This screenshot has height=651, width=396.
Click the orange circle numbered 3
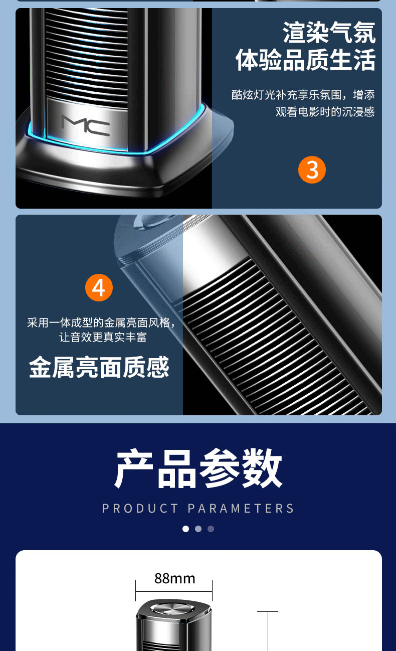coord(312,170)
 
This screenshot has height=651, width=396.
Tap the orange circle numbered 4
coord(99,288)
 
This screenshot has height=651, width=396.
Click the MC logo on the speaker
coord(86,125)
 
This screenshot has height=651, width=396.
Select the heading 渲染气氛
coord(329,33)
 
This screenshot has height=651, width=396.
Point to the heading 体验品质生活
coord(306,60)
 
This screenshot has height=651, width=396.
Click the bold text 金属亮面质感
coord(99,367)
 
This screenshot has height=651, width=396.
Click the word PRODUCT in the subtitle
coord(140,509)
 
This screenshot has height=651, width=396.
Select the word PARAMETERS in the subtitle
coord(241,509)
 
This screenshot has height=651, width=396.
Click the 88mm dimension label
coord(174,578)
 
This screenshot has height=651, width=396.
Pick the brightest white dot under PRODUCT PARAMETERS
coord(185,529)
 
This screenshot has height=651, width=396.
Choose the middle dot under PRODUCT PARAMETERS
coord(198,529)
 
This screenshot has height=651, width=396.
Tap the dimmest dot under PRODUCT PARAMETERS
coord(211,529)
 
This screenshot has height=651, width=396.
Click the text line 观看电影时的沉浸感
coord(325,112)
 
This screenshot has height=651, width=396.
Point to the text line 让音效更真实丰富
coord(103,337)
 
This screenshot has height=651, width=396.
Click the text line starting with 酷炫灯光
coord(303,95)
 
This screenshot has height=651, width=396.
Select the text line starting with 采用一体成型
coord(102,322)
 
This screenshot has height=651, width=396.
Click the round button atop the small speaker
coord(172,609)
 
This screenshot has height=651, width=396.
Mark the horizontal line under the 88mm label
coord(174,591)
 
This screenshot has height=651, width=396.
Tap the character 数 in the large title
coord(262,469)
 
